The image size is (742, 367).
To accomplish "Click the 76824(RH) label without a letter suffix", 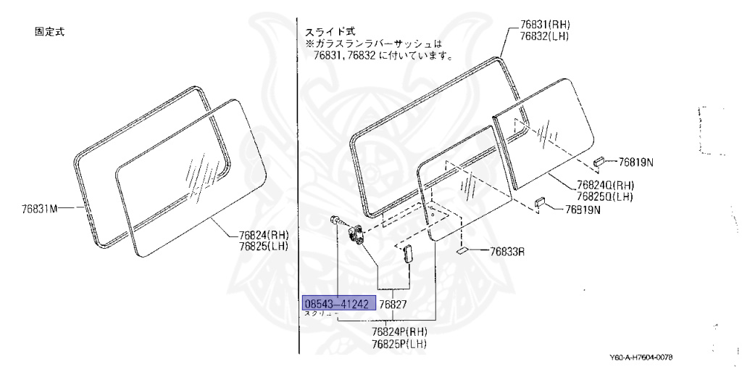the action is point(264,234).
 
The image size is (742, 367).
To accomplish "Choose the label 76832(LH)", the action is point(544,35).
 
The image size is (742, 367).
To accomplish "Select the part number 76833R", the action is point(507,252).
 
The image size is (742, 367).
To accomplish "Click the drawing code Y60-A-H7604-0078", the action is point(646,356).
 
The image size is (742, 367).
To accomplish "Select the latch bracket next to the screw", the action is point(357,234).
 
